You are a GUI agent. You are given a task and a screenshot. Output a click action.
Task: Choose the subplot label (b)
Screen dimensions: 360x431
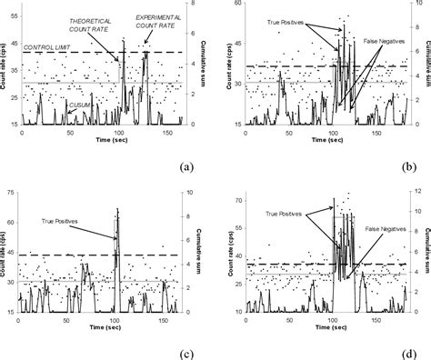tap(410, 166)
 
